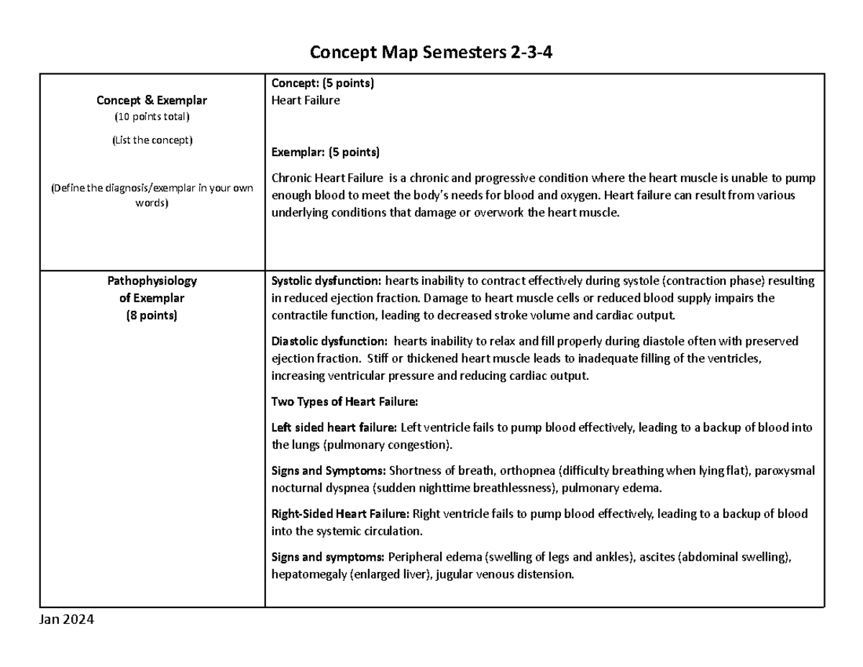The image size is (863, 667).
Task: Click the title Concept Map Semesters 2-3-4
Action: tap(431, 53)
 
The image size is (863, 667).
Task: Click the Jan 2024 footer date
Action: tap(67, 620)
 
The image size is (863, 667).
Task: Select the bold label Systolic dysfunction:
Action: tap(327, 281)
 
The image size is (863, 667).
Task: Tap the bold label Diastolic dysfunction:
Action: tap(329, 341)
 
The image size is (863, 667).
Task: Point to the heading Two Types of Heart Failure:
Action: tap(344, 401)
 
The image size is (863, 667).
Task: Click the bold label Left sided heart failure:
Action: tap(334, 427)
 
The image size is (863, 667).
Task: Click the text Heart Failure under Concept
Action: tap(305, 101)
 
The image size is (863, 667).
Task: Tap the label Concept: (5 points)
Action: tap(322, 83)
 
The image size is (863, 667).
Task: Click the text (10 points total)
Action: tap(152, 117)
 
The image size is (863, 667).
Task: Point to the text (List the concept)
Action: tap(152, 140)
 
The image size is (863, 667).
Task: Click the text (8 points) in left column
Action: tap(152, 315)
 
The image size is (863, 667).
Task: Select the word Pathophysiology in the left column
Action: tap(152, 281)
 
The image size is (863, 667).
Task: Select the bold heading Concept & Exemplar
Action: tap(152, 101)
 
